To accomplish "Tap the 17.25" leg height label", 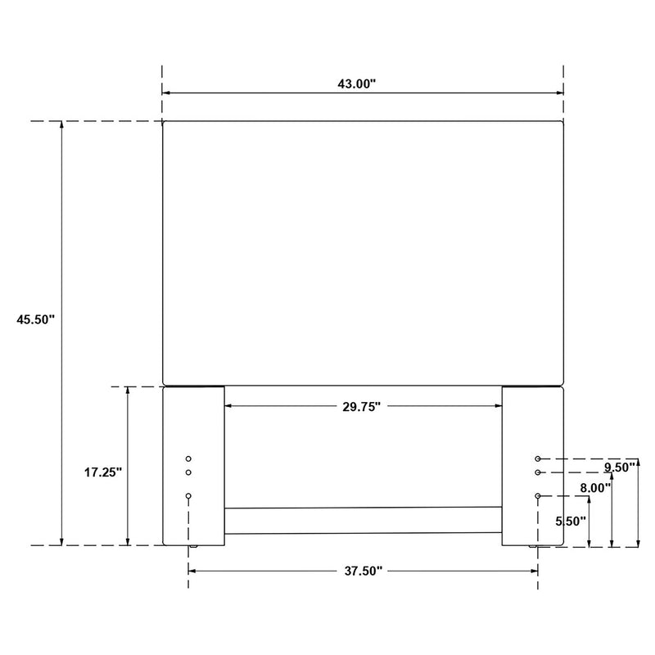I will coord(102,472).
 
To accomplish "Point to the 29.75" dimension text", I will coord(363,406).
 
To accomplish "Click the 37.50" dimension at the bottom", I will coord(363,571).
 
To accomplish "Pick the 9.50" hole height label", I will coord(620,468).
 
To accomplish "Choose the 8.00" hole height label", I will coord(595,487).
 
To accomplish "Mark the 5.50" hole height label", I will coord(571,521).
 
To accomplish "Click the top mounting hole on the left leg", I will coord(188,459).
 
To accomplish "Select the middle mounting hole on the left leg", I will coord(188,472).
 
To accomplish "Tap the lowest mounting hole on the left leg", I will coord(188,496).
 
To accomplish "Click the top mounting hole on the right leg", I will coord(538,459).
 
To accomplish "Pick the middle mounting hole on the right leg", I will coord(538,472).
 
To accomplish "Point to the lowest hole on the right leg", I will coord(538,496).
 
